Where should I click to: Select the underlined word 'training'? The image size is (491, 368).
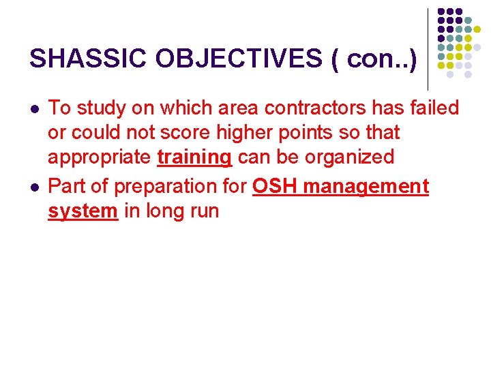click(194, 157)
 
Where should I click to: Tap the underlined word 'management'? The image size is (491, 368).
click(365, 186)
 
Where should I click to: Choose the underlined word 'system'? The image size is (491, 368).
click(83, 211)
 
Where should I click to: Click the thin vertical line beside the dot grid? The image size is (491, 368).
click(428, 48)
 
